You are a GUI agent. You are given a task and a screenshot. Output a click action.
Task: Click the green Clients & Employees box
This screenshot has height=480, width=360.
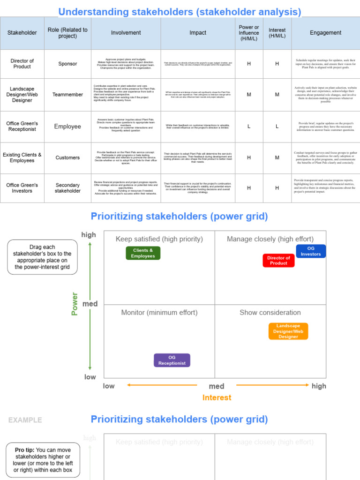click(143, 253)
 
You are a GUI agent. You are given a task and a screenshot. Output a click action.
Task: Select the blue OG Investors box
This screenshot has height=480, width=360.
click(311, 251)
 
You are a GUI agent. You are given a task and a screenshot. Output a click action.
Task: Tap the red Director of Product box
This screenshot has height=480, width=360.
click(278, 261)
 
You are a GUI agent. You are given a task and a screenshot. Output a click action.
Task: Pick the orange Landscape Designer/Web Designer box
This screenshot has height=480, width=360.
click(288, 331)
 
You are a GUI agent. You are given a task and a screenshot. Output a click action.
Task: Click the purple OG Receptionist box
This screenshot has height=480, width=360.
click(172, 360)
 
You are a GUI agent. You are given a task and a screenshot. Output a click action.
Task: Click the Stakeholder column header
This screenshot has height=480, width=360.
click(22, 33)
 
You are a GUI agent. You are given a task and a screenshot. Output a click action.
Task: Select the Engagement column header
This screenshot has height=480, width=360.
click(325, 33)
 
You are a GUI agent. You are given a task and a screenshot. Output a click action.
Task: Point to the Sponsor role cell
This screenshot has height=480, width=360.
click(67, 64)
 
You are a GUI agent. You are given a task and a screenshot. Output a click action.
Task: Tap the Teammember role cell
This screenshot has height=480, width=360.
click(67, 94)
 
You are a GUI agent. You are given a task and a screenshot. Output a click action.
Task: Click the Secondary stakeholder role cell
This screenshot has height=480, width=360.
click(67, 188)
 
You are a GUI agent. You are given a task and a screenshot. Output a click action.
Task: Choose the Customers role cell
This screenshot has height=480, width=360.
click(67, 157)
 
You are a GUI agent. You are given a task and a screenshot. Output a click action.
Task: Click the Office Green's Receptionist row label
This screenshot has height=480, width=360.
click(22, 127)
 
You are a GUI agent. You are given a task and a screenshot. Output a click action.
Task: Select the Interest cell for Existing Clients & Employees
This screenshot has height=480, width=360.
click(277, 157)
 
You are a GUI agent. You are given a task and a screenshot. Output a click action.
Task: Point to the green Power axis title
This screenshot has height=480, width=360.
click(75, 304)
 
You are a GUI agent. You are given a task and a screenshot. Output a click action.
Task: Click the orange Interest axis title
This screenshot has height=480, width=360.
click(217, 397)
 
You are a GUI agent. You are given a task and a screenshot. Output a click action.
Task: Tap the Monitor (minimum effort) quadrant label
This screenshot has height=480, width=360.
click(159, 313)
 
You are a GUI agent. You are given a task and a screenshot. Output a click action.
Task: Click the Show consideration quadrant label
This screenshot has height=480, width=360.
click(270, 313)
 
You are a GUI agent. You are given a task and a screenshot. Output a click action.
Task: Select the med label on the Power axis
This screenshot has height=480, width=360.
click(90, 304)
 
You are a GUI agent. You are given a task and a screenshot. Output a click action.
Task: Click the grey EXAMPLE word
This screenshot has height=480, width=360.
click(25, 420)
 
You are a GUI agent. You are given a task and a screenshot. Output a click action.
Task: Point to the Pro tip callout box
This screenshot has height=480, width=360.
click(43, 460)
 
